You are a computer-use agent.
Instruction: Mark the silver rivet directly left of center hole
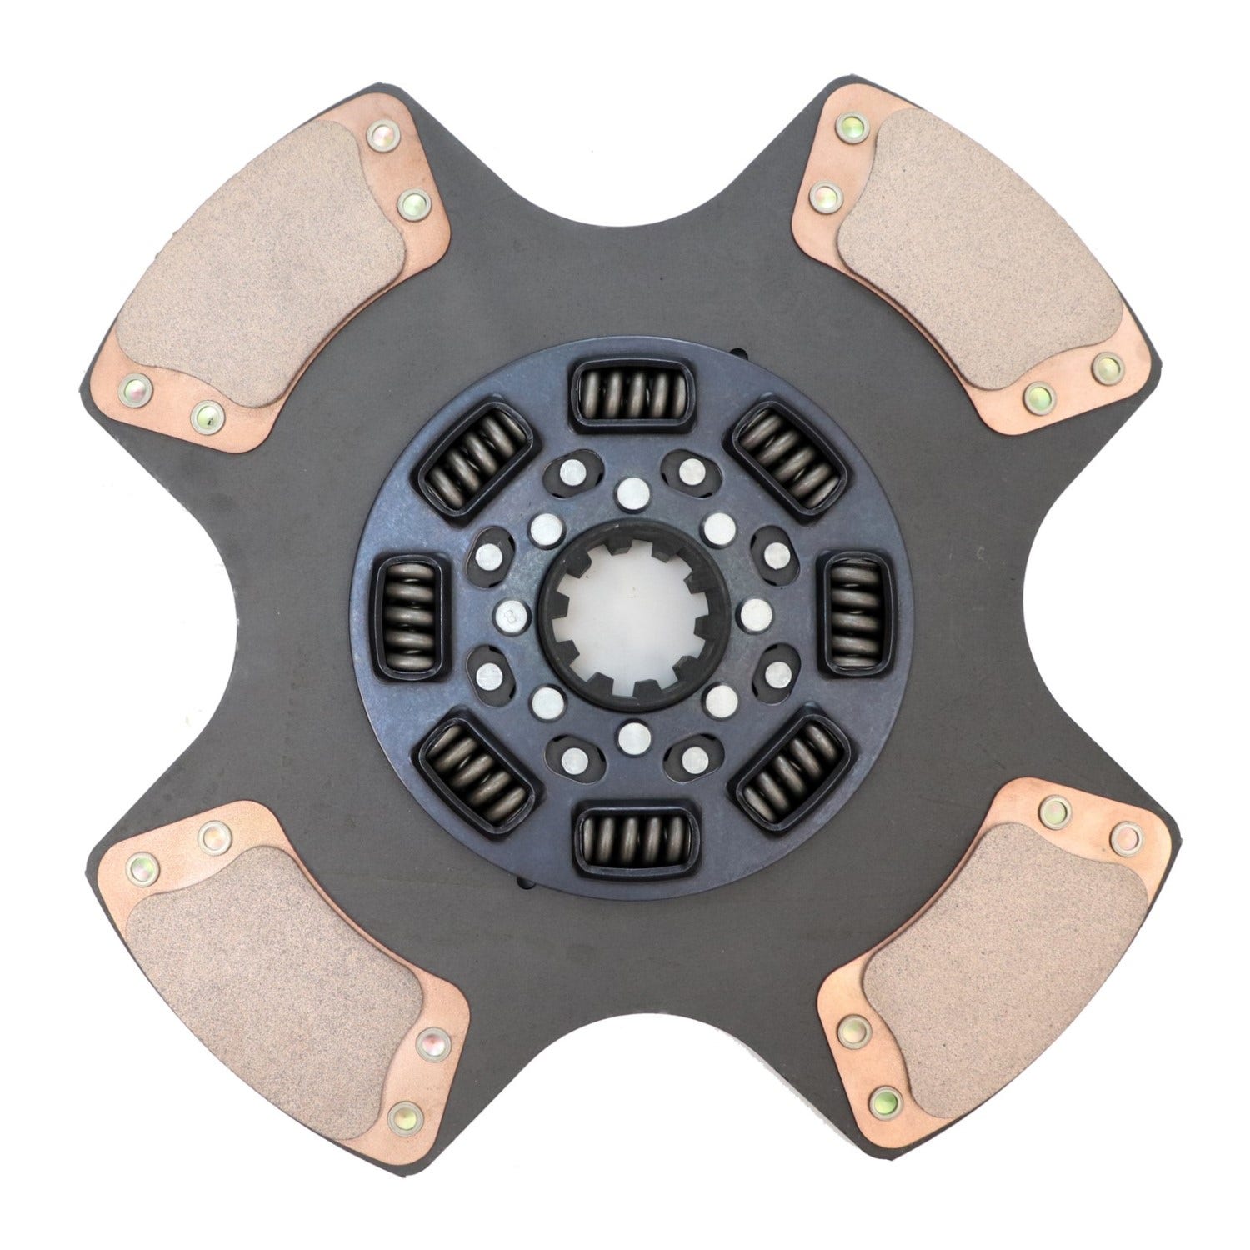[x=507, y=615]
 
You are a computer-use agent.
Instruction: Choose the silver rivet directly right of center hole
[x=755, y=614]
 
